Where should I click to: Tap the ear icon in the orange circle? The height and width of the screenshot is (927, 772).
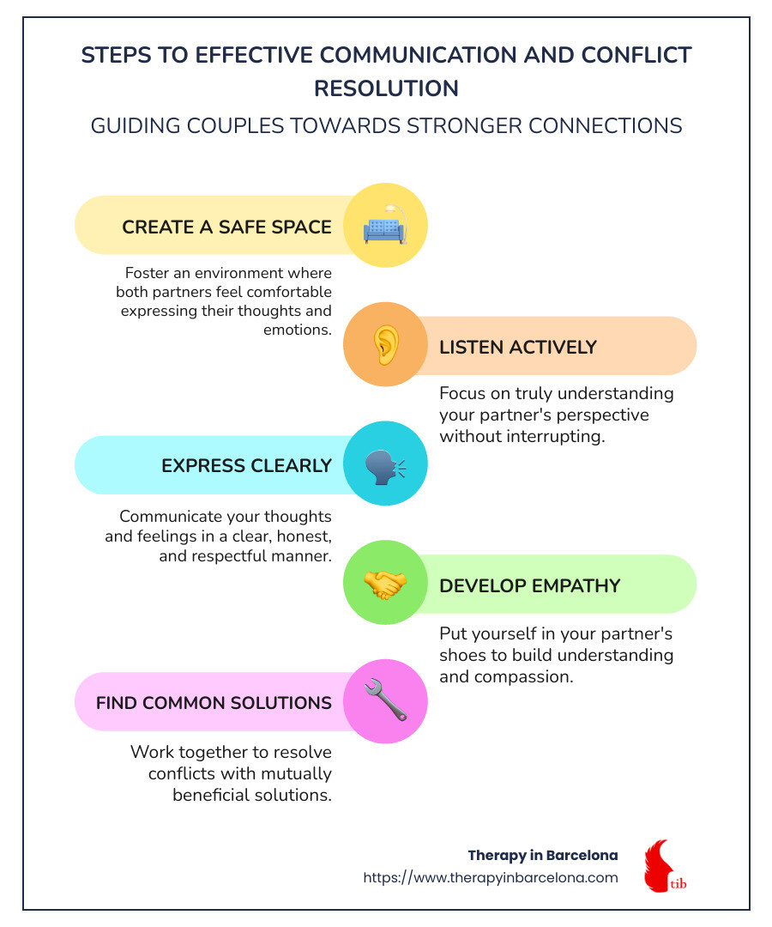coord(386,345)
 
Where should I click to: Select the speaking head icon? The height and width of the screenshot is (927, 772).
coord(385,467)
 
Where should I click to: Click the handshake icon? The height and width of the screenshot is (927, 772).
coord(384,585)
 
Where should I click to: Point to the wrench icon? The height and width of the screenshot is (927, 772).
coord(385,700)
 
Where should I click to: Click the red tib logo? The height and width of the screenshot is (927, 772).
coord(665,865)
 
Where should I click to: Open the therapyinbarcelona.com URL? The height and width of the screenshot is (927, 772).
coord(491,877)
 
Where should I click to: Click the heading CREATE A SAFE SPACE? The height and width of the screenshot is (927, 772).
coord(226,227)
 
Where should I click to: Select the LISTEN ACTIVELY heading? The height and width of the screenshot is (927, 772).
coord(518,347)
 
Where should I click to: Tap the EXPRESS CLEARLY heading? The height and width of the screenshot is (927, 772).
coord(246,466)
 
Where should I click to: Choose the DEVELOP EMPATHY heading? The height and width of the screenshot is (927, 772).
coord(530,586)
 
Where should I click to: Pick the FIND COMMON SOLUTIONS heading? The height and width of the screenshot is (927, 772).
coord(214,703)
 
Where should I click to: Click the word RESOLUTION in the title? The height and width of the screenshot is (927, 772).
coord(386,88)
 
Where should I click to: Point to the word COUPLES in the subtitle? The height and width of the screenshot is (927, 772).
coord(235,126)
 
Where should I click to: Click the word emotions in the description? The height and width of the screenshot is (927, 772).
coord(298,330)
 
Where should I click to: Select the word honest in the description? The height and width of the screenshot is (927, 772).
coord(305,536)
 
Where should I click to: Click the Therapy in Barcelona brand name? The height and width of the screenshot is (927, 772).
coord(543,856)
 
